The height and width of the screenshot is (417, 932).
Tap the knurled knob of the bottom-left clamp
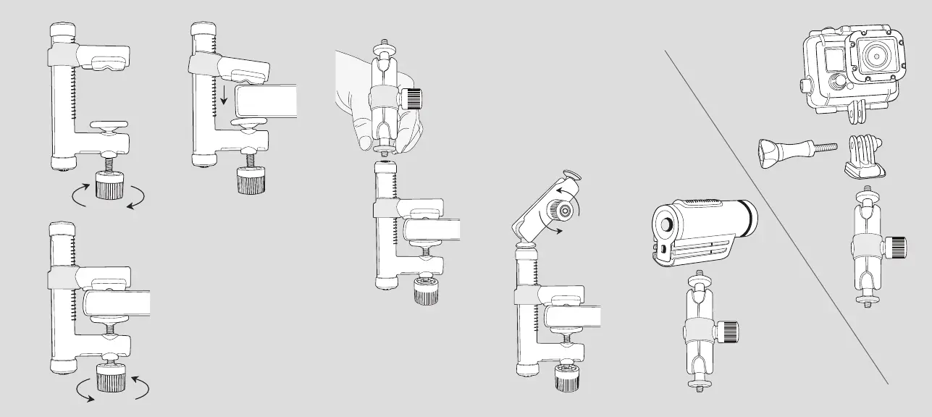click(x=113, y=380)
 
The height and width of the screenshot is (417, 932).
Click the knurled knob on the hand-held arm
click(x=414, y=98)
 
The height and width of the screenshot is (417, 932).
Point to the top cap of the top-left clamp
click(x=62, y=32)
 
